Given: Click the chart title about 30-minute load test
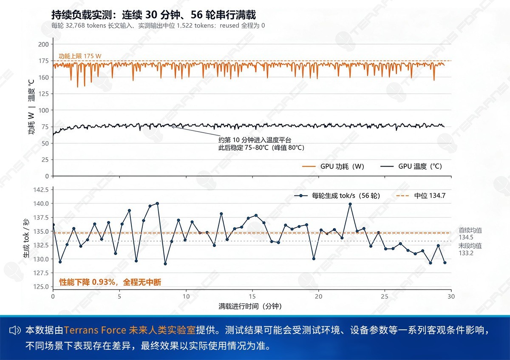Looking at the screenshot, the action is pyautogui.click(x=153, y=15).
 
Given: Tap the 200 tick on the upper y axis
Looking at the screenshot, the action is pyautogui.click(x=43, y=44).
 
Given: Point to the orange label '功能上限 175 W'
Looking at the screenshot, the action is pyautogui.click(x=80, y=56).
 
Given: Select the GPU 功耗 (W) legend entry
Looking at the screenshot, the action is pyautogui.click(x=333, y=167).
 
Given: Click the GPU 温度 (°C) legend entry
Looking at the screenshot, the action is pyautogui.click(x=411, y=167).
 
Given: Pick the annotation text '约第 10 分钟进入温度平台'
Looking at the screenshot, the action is pyautogui.click(x=255, y=140).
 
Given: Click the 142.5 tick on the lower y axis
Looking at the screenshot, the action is pyautogui.click(x=41, y=190).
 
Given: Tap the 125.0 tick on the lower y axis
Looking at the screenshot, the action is pyautogui.click(x=41, y=286).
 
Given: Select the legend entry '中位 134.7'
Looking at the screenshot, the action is pyautogui.click(x=421, y=196).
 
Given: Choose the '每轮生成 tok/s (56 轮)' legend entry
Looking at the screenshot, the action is pyautogui.click(x=337, y=196).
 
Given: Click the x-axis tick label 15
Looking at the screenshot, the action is pyautogui.click(x=252, y=297).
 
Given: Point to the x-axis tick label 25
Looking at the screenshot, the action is pyautogui.click(x=385, y=297).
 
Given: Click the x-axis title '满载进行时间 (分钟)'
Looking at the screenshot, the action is pyautogui.click(x=250, y=306).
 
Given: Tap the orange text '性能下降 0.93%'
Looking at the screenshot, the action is pyautogui.click(x=87, y=282).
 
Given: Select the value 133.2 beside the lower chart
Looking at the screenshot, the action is pyautogui.click(x=466, y=253).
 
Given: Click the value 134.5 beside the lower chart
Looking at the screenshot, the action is pyautogui.click(x=466, y=237).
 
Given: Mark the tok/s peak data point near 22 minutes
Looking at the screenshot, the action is pyautogui.click(x=350, y=204).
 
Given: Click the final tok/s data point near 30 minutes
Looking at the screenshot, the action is pyautogui.click(x=445, y=263).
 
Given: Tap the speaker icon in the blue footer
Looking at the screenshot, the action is pyautogui.click(x=15, y=330).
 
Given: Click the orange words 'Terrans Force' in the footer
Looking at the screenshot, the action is pyautogui.click(x=95, y=330).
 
